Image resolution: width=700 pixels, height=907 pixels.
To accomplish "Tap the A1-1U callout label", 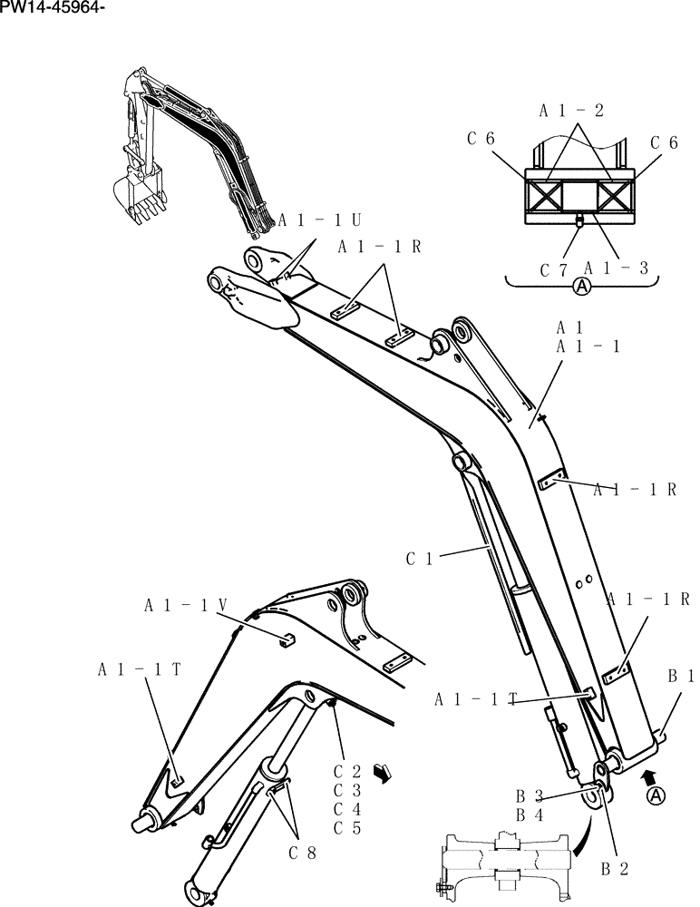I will [x=319, y=220].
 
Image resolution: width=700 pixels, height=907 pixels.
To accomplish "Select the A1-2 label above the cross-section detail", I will [x=571, y=112].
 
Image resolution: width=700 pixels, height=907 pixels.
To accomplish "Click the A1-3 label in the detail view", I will [x=616, y=268].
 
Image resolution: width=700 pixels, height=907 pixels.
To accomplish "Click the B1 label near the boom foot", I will [x=681, y=676].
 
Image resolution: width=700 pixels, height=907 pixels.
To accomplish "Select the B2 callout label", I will [x=616, y=868].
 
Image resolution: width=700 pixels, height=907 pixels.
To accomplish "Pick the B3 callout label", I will [x=530, y=795].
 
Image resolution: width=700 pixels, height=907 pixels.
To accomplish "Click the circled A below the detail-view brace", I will [x=582, y=288].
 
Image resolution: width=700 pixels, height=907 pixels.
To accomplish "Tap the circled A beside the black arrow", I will [x=657, y=795].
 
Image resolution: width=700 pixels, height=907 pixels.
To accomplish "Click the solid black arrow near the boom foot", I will [x=647, y=775].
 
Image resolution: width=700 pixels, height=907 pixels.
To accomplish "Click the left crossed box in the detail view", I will [x=544, y=197].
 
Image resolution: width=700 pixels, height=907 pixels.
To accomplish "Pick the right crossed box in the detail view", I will [x=616, y=197].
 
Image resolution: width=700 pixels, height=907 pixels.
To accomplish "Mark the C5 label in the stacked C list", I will [x=346, y=827].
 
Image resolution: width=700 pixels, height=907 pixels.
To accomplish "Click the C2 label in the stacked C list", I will [x=346, y=772].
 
